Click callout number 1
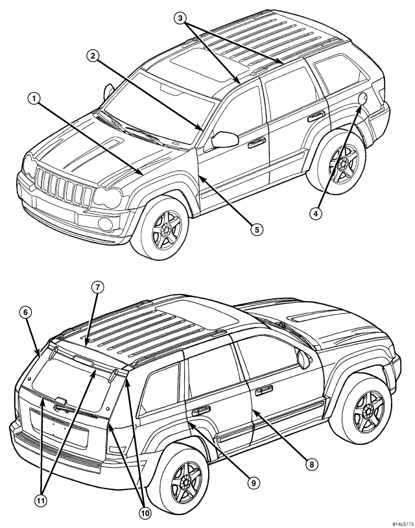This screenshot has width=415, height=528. pos(34,101)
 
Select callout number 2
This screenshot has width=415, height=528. pos(94,58)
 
